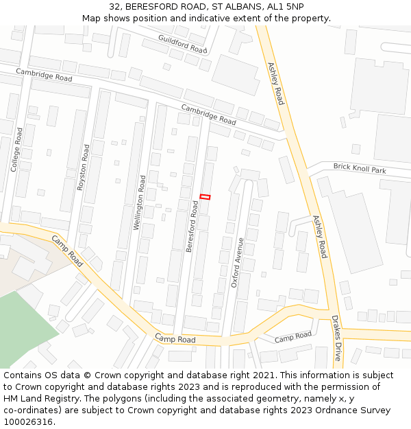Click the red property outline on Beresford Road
205,197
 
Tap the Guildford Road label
182,44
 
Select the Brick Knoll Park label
360,168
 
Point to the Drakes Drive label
336,338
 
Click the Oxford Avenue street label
237,262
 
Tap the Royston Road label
84,167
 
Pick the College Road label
16,149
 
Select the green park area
24,326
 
